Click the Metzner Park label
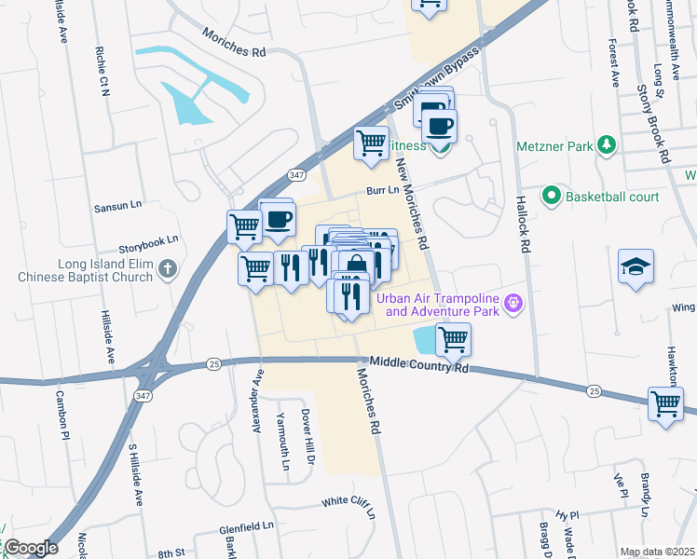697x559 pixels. click(x=555, y=147)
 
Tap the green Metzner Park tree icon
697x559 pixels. click(x=607, y=144)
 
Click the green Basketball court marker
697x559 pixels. click(x=551, y=197)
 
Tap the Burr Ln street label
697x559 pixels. click(x=382, y=190)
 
